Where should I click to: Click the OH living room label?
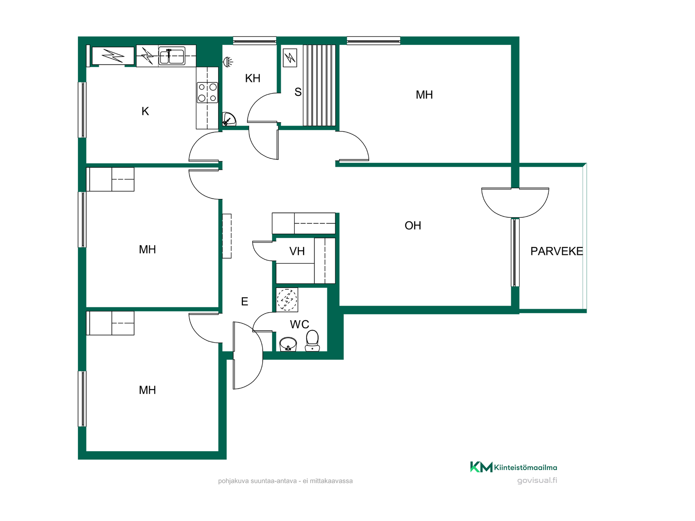pyautogui.click(x=413, y=225)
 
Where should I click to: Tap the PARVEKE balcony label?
pyautogui.click(x=556, y=251)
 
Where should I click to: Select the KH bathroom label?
pyautogui.click(x=253, y=78)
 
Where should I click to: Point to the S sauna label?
pyautogui.click(x=298, y=92)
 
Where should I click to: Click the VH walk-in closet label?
pyautogui.click(x=297, y=251)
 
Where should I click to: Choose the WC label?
pyautogui.click(x=299, y=324)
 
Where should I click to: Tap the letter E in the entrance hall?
pyautogui.click(x=245, y=301)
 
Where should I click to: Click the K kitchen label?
pyautogui.click(x=145, y=111)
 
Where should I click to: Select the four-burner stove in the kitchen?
pyautogui.click(x=207, y=93)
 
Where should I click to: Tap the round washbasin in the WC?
pyautogui.click(x=288, y=344)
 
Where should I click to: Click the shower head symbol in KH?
pyautogui.click(x=228, y=62)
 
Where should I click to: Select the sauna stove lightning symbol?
pyautogui.click(x=290, y=58)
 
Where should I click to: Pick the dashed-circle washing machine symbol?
pyautogui.click(x=287, y=300)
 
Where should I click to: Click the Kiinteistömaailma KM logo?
pyautogui.click(x=514, y=467)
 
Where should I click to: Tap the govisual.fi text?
pyautogui.click(x=537, y=480)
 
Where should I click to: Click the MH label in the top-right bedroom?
pyautogui.click(x=424, y=95)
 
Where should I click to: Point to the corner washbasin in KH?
pyautogui.click(x=229, y=119)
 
